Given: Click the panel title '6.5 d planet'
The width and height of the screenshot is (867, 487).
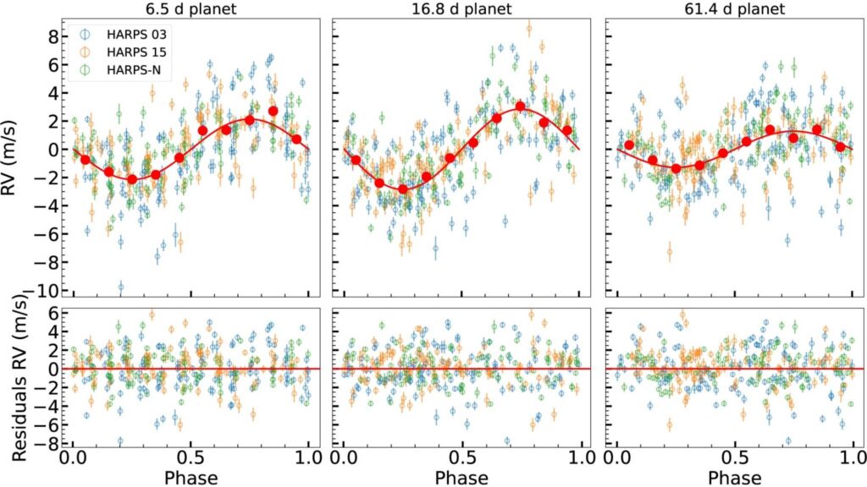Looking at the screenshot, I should (x=190, y=9).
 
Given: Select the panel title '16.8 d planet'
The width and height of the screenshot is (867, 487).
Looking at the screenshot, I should (x=462, y=9).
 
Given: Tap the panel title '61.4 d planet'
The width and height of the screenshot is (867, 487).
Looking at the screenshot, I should (x=733, y=9).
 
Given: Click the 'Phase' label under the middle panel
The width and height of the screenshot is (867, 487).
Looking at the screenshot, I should (x=462, y=477).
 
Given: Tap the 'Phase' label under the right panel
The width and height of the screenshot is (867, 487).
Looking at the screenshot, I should (x=733, y=477).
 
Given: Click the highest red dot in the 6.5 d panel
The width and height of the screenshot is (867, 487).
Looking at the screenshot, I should (x=273, y=111).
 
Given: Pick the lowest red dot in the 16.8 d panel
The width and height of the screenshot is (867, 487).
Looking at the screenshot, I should (x=403, y=189).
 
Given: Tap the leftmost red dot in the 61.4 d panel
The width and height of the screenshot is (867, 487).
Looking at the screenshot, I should (x=629, y=145).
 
